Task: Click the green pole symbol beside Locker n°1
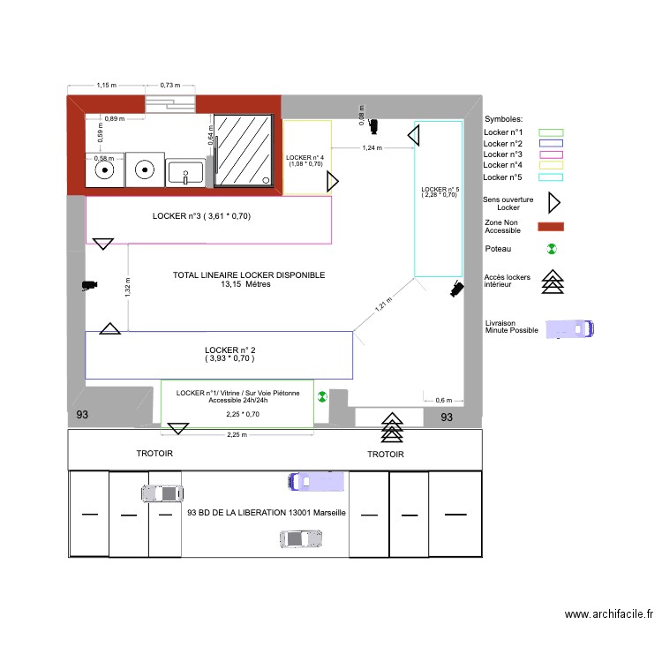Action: coord(321,397)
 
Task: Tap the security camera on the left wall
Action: coord(88,285)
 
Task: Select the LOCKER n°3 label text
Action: coord(202,215)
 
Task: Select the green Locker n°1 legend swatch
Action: coord(551,132)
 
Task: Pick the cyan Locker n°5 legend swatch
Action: coord(551,176)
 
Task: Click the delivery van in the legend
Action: coord(570,329)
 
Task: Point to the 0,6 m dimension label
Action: coord(444,400)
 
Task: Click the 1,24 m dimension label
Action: coord(372,148)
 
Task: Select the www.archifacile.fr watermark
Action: coord(608,614)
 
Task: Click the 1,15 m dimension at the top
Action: coord(107,85)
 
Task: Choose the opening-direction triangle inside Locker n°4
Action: coord(333,182)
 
